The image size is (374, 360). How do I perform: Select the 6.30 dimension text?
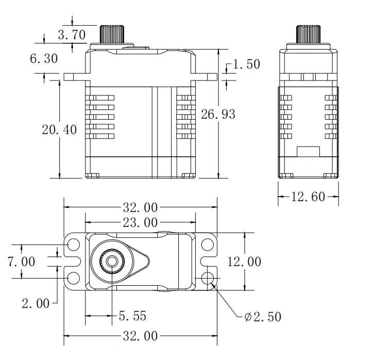point(44,58)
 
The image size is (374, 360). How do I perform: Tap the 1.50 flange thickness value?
point(246,64)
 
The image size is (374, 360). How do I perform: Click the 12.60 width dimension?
point(309,197)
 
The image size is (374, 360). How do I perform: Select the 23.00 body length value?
point(140,223)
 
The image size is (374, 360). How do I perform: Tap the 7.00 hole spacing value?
point(22,261)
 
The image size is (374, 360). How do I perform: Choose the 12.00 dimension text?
point(244,261)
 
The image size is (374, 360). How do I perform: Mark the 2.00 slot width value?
point(36,303)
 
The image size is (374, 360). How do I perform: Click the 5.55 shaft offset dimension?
point(132,315)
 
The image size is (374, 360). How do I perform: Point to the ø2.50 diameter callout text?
point(263,316)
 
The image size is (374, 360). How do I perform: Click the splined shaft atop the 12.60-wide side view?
point(309,34)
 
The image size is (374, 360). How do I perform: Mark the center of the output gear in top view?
point(111,261)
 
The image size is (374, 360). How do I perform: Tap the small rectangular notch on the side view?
point(309,153)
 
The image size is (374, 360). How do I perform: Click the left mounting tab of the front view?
point(76,77)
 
